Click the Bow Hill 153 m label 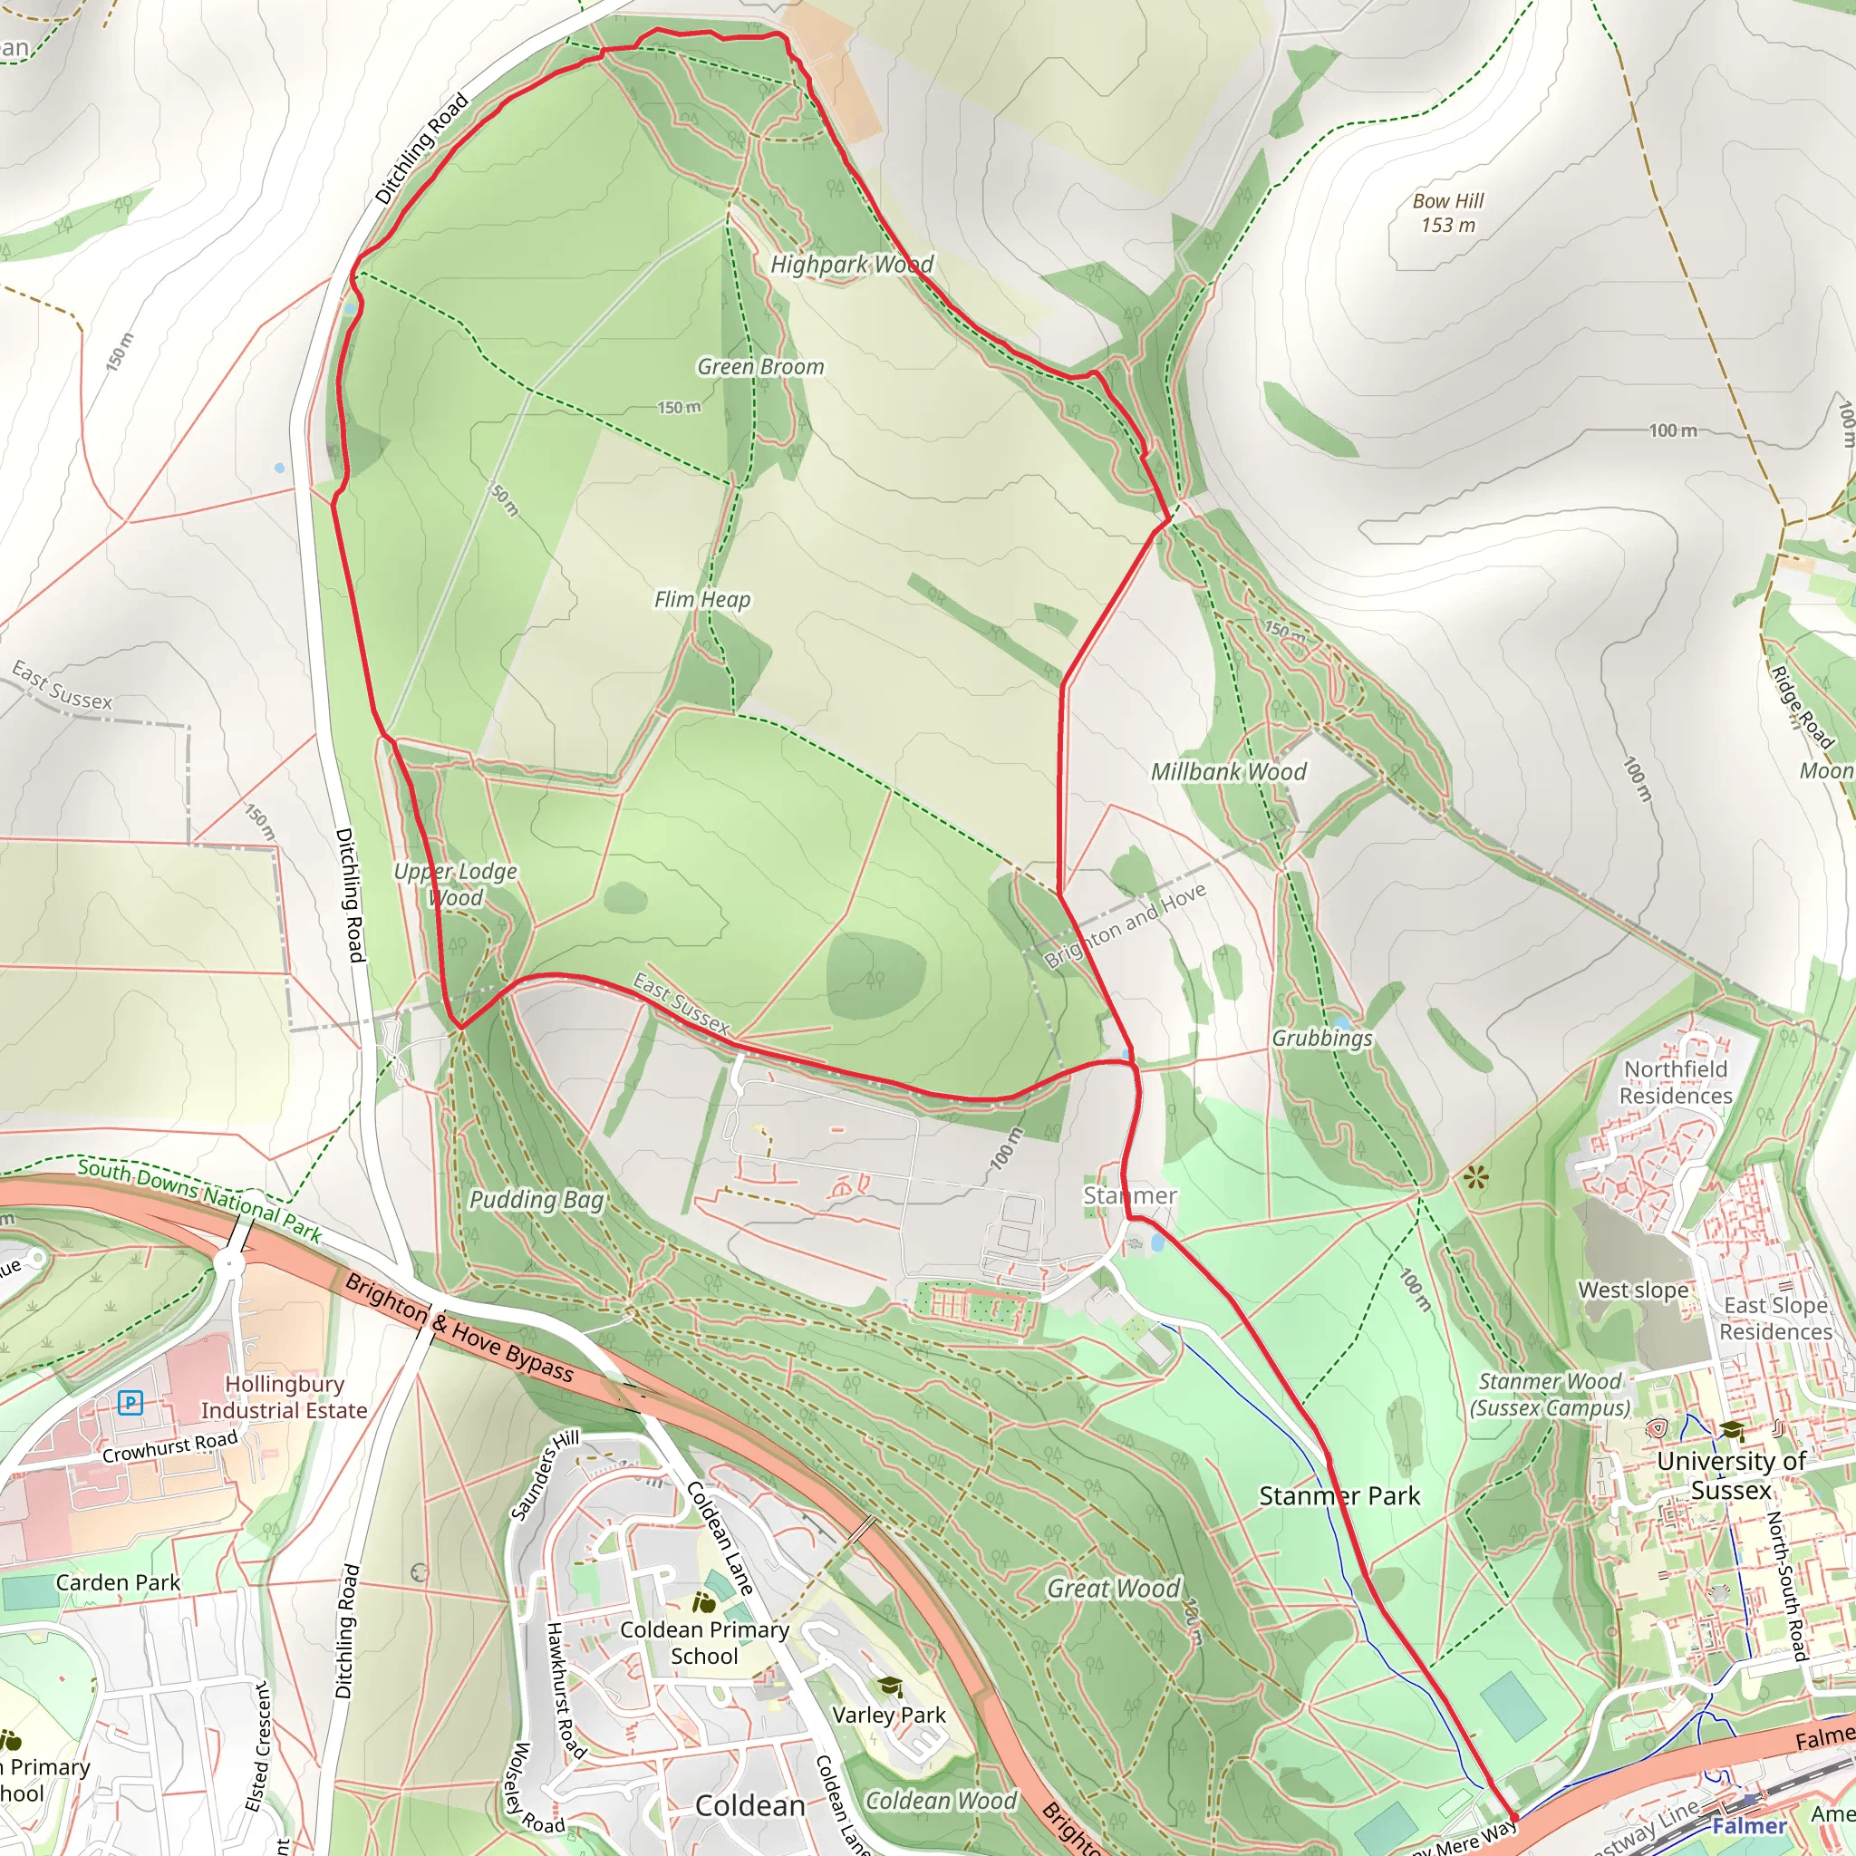1447,213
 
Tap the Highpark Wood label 851,265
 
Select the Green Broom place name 759,367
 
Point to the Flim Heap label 702,599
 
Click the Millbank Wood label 1229,771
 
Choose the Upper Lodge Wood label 455,884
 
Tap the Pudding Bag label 536,1200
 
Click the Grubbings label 1322,1039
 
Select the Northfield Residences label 1676,1083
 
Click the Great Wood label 1114,1589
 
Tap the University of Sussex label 1731,1475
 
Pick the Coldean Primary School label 704,1643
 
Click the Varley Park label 889,1715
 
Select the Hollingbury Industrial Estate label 284,1397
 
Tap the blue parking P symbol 130,1404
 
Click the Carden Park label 117,1583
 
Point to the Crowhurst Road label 169,1447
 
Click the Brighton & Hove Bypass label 459,1329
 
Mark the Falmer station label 1748,1826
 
